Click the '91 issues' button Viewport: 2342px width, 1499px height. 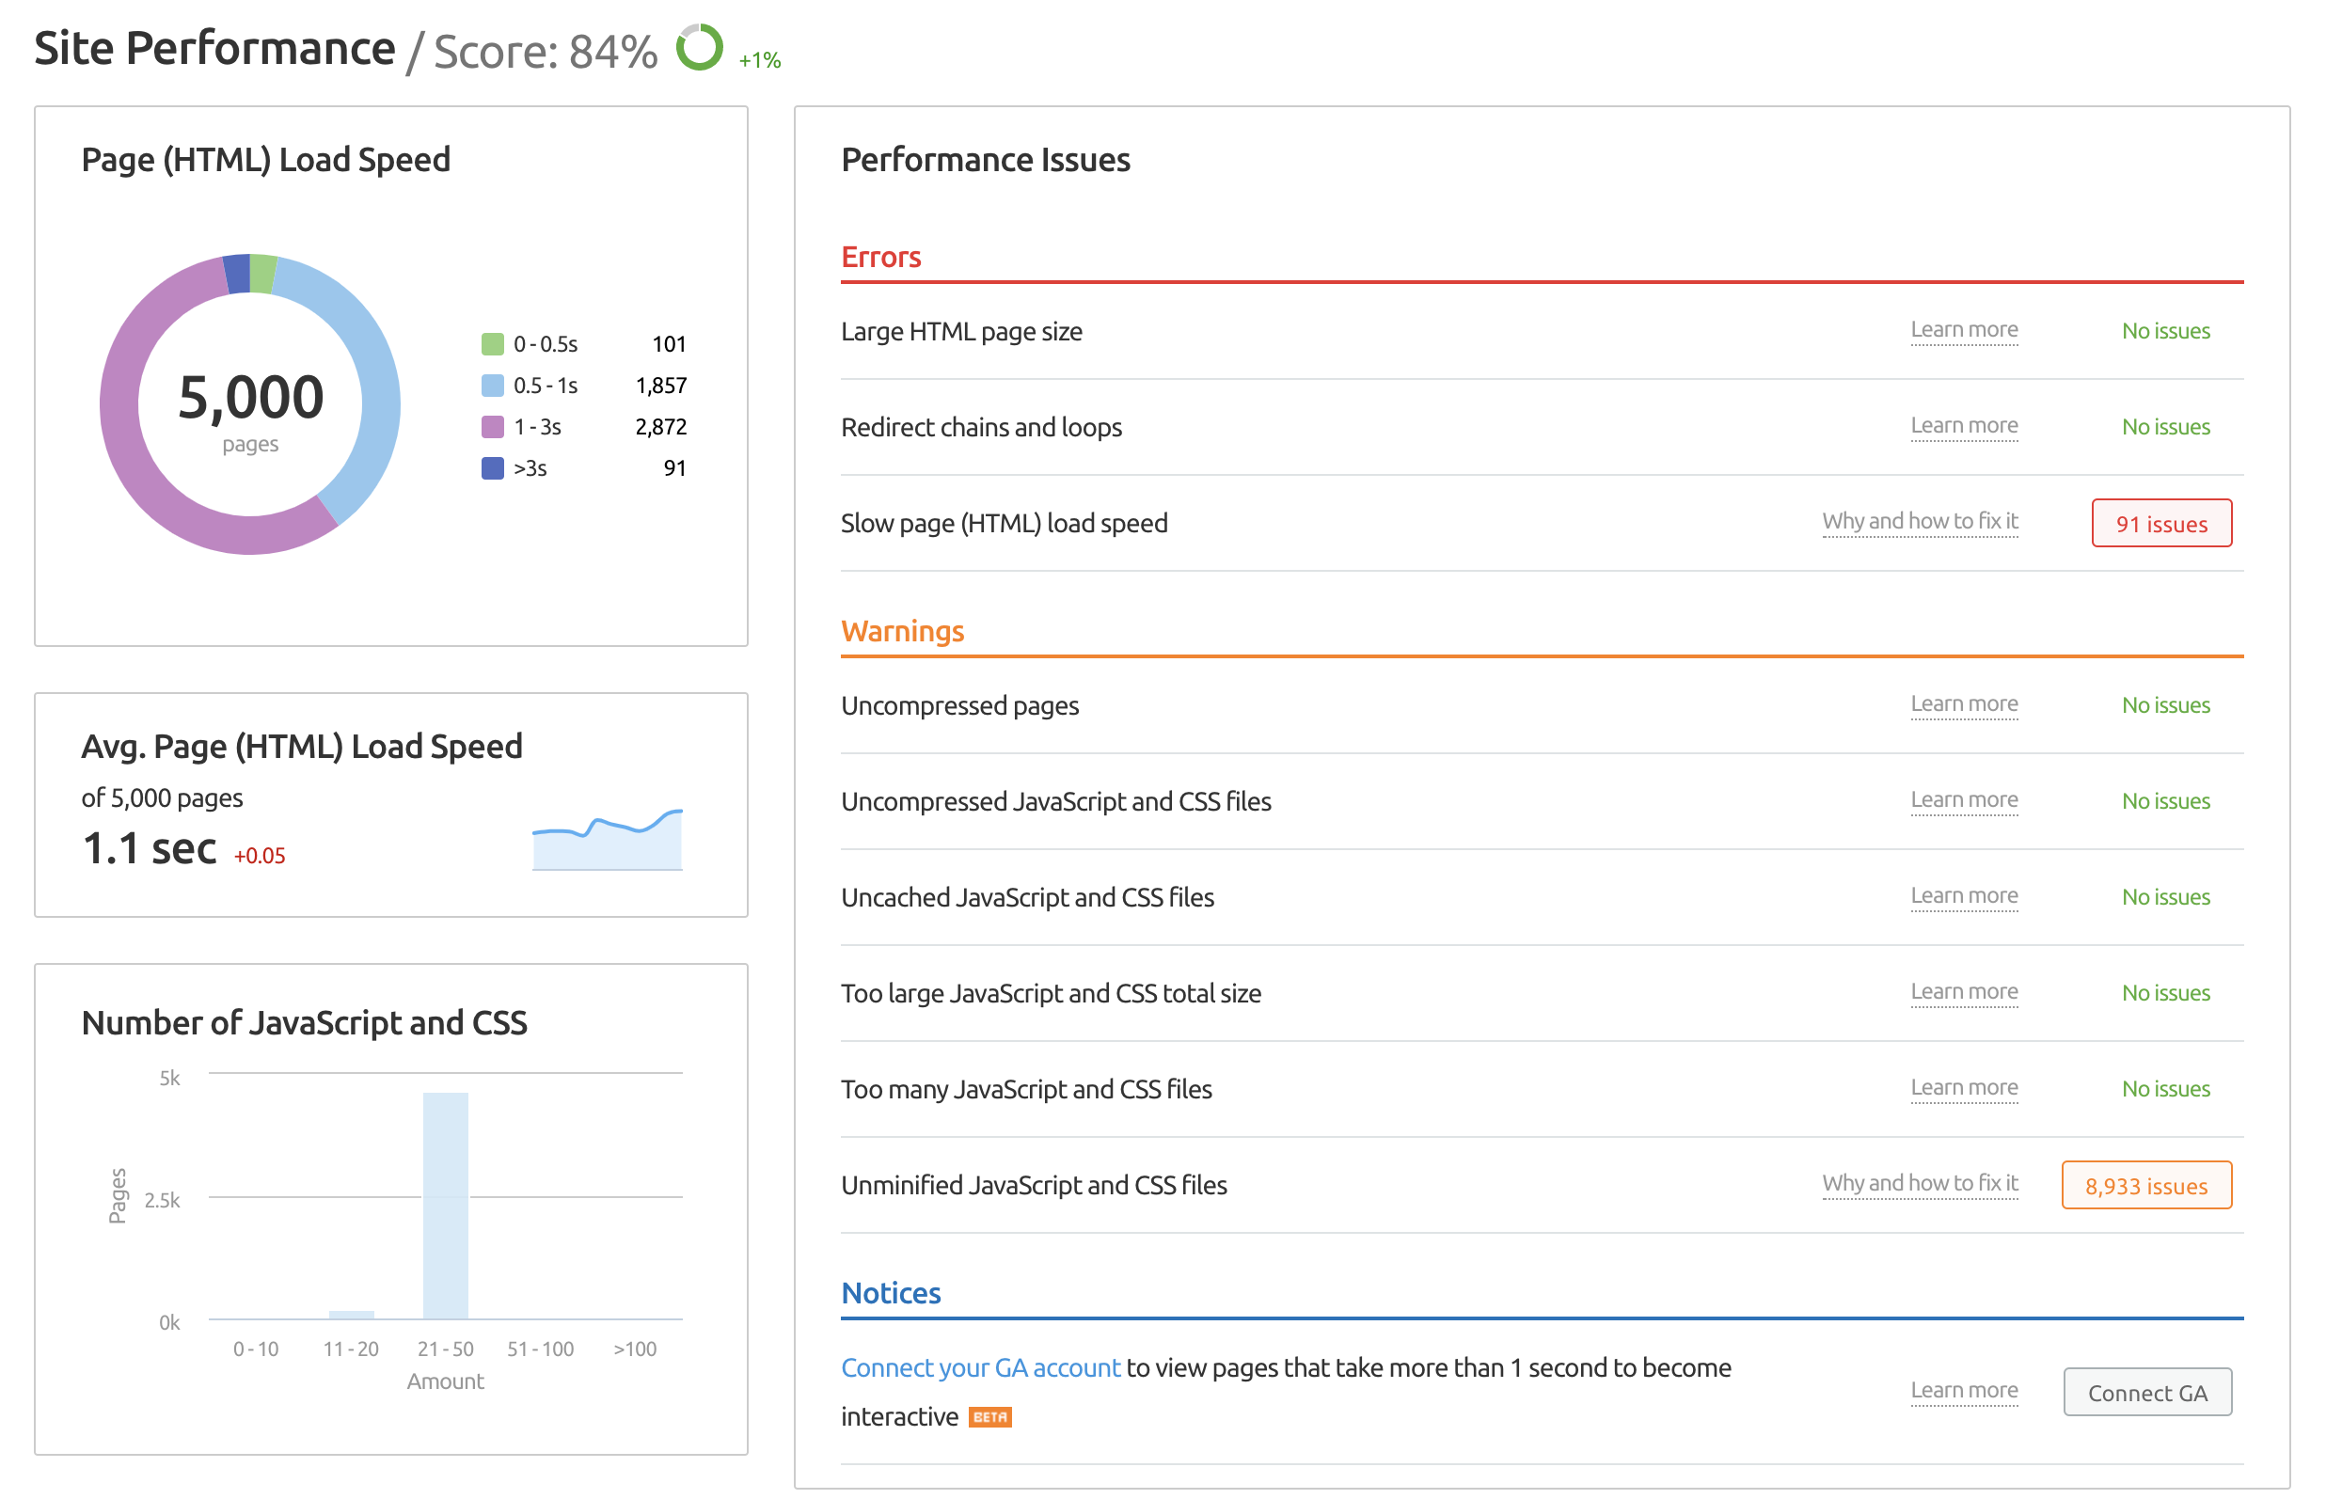pyautogui.click(x=2161, y=524)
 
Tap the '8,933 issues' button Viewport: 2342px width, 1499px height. pyautogui.click(x=2145, y=1186)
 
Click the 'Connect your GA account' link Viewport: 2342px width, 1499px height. pyautogui.click(x=980, y=1367)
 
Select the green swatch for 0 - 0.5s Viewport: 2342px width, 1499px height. pyautogui.click(x=493, y=343)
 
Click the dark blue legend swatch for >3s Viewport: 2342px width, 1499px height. pyautogui.click(x=493, y=468)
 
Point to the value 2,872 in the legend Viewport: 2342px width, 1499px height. pyautogui.click(x=661, y=426)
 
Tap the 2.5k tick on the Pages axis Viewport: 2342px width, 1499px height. pyautogui.click(x=163, y=1200)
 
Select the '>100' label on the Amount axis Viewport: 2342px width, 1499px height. pyautogui.click(x=635, y=1349)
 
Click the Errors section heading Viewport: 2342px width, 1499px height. pyautogui.click(x=880, y=257)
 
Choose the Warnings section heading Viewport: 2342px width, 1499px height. pyautogui.click(x=902, y=631)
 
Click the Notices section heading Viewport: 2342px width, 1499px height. pyautogui.click(x=891, y=1293)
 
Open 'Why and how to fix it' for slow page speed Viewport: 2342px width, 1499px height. pyautogui.click(x=1920, y=522)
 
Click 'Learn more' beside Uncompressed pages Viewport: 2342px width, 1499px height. pyautogui.click(x=1963, y=703)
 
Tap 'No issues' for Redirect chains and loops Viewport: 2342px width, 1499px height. pyautogui.click(x=2165, y=427)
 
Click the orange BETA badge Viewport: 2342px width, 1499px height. pyautogui.click(x=990, y=1417)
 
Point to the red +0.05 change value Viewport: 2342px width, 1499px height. pyautogui.click(x=260, y=856)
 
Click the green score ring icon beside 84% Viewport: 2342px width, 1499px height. pyautogui.click(x=699, y=47)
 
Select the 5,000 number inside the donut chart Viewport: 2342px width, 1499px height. pyautogui.click(x=251, y=397)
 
